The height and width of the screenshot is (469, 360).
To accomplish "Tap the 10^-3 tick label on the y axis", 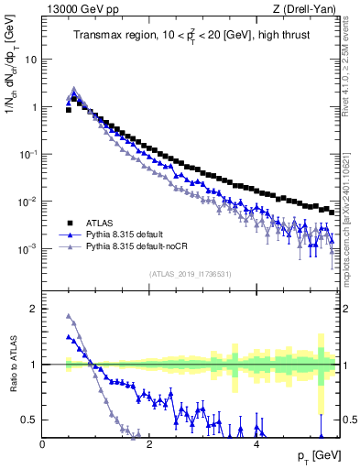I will pos(27,249).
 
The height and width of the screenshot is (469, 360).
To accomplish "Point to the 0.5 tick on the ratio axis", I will pos(30,420).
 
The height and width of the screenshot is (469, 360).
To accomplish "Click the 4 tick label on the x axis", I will pos(256,446).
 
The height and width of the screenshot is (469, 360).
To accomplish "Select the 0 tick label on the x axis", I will pos(42,446).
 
